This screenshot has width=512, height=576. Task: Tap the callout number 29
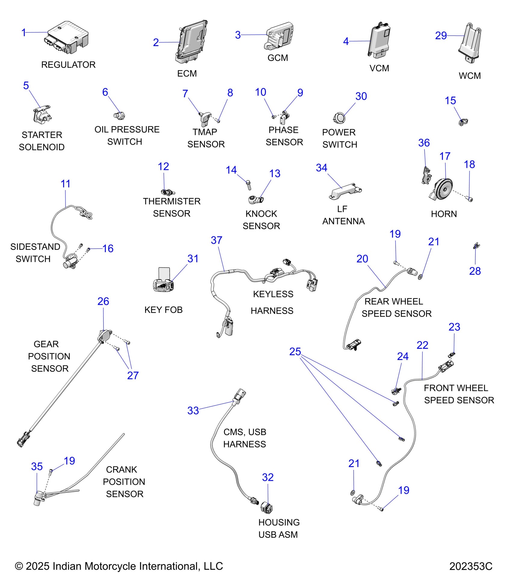coord(441,36)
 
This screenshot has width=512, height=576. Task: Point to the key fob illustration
coord(163,283)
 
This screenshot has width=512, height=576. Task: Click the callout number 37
coord(216,240)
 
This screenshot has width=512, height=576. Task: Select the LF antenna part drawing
coord(345,191)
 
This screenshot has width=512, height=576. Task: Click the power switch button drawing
coord(339,117)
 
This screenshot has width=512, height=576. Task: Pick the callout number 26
coord(103,301)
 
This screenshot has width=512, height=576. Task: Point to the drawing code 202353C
coord(470,566)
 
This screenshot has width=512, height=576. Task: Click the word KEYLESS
coord(273,294)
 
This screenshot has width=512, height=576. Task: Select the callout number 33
coord(193,410)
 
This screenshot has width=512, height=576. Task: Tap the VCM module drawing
coord(379,39)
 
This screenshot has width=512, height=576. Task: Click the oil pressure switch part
coord(119,115)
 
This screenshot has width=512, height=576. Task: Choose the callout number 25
coord(295,352)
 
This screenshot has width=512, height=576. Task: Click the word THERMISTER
coord(171,201)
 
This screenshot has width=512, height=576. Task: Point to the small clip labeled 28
coord(476,246)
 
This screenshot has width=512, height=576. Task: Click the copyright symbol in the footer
coord(19,566)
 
